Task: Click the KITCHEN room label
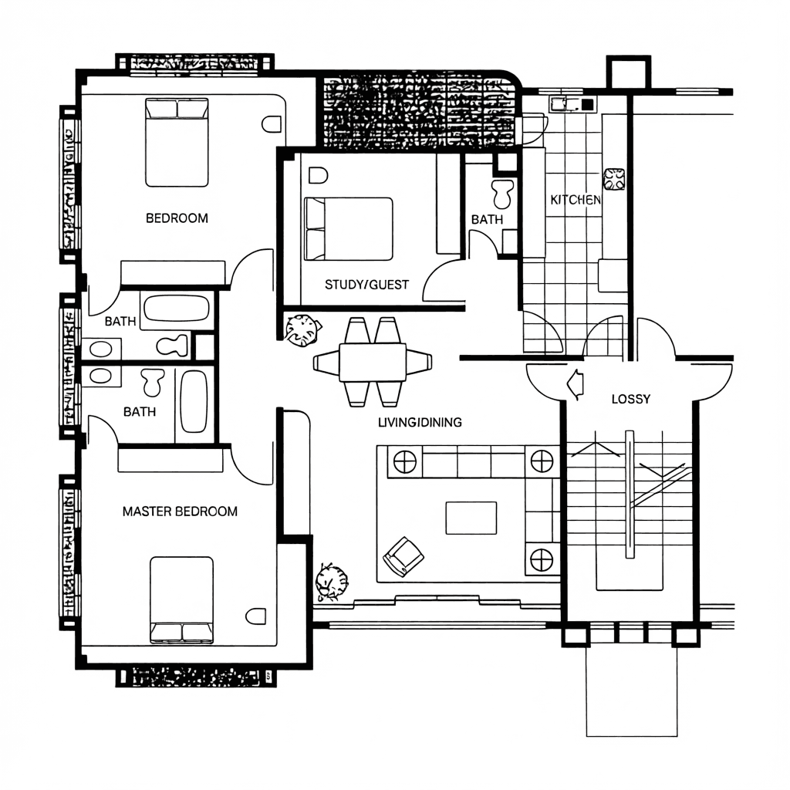[576, 200]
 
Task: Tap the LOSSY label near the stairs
[631, 399]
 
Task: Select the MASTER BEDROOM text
[180, 511]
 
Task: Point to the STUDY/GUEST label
[366, 285]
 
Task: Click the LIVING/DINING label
[420, 422]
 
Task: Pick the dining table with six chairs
[373, 362]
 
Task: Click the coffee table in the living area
[471, 518]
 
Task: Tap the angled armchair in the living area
[403, 556]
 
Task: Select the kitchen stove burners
[614, 179]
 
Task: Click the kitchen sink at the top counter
[558, 104]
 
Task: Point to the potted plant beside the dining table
[302, 330]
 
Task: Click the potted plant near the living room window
[332, 582]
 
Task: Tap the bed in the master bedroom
[181, 600]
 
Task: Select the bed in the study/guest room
[348, 228]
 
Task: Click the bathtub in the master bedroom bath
[194, 401]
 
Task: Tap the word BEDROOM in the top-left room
[177, 218]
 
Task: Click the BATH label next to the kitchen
[487, 220]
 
